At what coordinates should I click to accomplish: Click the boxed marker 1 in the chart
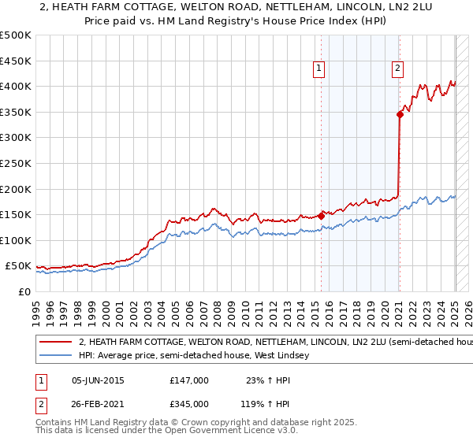click(x=319, y=69)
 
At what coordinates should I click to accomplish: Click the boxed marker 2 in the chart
click(x=397, y=69)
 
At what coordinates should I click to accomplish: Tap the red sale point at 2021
click(x=400, y=114)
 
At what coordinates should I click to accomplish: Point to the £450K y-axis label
click(x=16, y=61)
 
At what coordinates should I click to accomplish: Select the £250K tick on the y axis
click(x=16, y=163)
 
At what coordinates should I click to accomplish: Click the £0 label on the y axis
click(x=24, y=292)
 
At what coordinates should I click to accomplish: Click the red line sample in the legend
click(x=55, y=343)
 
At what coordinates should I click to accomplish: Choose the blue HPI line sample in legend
click(x=55, y=356)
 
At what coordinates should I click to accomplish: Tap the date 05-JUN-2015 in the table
click(x=98, y=380)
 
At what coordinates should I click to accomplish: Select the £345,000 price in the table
click(x=189, y=404)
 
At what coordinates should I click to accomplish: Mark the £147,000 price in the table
click(x=189, y=380)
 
